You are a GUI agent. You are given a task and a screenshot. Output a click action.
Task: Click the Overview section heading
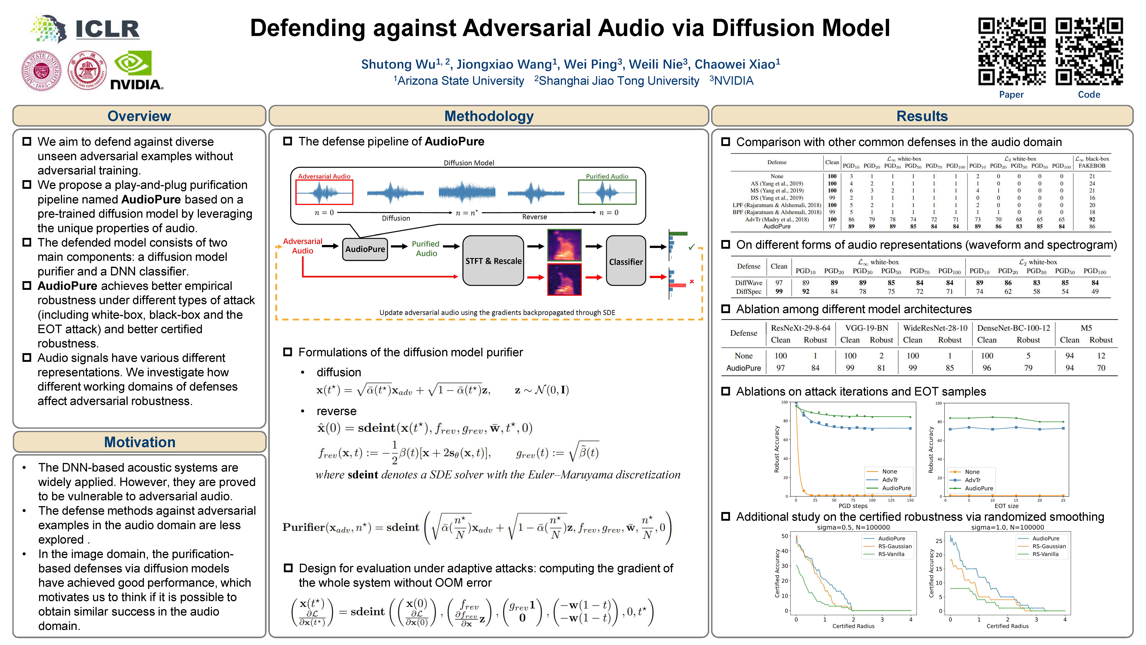point(139,116)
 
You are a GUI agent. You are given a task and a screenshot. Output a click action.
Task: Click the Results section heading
point(922,116)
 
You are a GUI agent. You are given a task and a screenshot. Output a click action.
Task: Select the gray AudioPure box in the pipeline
point(365,249)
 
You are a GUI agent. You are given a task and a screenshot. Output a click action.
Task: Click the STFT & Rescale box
point(493,261)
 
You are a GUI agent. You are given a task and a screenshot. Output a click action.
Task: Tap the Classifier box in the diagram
point(626,261)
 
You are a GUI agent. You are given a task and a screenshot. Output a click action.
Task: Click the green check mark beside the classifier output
point(691,247)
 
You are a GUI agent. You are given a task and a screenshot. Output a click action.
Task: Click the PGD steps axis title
point(853,506)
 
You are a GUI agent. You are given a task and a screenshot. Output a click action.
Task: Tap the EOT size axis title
point(1006,506)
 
